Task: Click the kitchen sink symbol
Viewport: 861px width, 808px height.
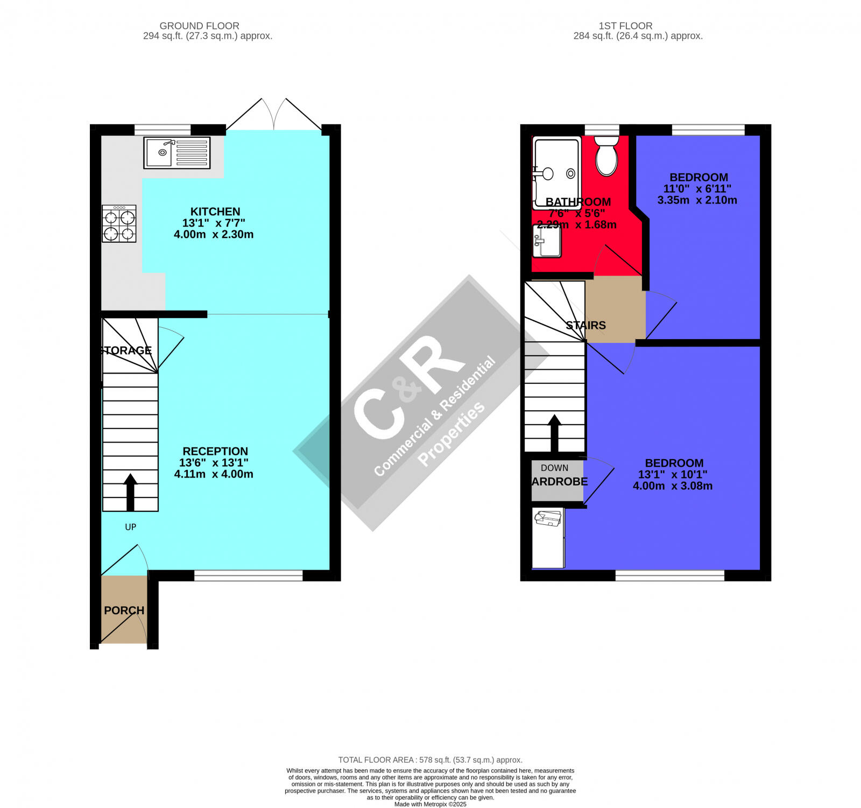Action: pyautogui.click(x=177, y=153)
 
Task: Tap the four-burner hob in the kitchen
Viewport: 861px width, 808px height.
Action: pyautogui.click(x=119, y=223)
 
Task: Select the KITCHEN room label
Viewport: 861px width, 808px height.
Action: pyautogui.click(x=215, y=212)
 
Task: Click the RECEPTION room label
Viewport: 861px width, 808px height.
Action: pyautogui.click(x=215, y=451)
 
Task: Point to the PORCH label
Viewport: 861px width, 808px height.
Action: pyautogui.click(x=124, y=610)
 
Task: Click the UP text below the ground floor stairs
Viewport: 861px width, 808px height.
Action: pyautogui.click(x=130, y=527)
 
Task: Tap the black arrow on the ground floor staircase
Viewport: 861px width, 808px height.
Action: pyautogui.click(x=130, y=492)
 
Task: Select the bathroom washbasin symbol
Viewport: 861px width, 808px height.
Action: pyautogui.click(x=547, y=241)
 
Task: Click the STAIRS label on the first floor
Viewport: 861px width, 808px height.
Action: pyautogui.click(x=585, y=326)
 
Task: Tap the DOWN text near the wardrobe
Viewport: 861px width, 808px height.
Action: pyautogui.click(x=554, y=468)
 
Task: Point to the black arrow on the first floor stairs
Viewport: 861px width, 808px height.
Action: pyautogui.click(x=554, y=433)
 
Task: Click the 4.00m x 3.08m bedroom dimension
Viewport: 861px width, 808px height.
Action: pyautogui.click(x=672, y=486)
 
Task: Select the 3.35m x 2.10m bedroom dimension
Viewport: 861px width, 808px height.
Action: pyautogui.click(x=697, y=200)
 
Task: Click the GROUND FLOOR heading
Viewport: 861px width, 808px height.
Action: pyautogui.click(x=199, y=26)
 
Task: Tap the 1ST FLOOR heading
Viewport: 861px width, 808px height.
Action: pyautogui.click(x=625, y=26)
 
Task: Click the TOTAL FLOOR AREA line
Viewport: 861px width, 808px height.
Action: pyautogui.click(x=430, y=760)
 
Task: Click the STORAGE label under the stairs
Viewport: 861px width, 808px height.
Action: pyautogui.click(x=126, y=350)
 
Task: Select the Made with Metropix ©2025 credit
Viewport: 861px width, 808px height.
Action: pyautogui.click(x=430, y=804)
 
